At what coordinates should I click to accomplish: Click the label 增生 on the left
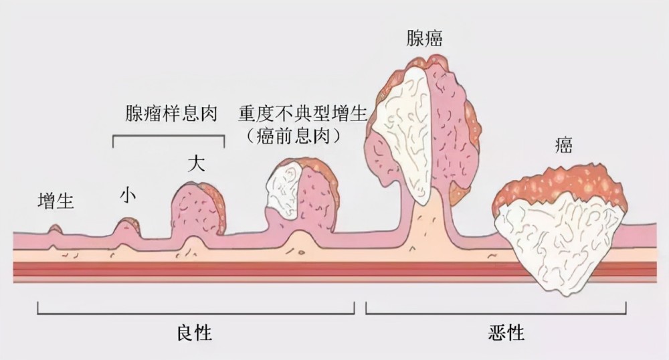56,201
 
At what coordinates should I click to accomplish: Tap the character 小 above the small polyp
128,195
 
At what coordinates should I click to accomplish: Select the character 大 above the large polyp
196,164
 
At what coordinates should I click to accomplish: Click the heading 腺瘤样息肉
171,114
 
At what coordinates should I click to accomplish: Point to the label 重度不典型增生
303,114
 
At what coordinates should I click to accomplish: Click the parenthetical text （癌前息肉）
294,136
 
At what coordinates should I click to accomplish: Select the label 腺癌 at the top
424,38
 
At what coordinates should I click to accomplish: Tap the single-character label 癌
563,145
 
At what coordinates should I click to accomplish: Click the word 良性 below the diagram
195,333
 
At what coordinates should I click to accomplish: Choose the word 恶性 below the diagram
506,333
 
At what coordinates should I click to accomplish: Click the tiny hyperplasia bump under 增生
55,230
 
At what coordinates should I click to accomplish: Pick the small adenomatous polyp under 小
126,227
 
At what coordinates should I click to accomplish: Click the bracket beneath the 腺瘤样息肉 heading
169,136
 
